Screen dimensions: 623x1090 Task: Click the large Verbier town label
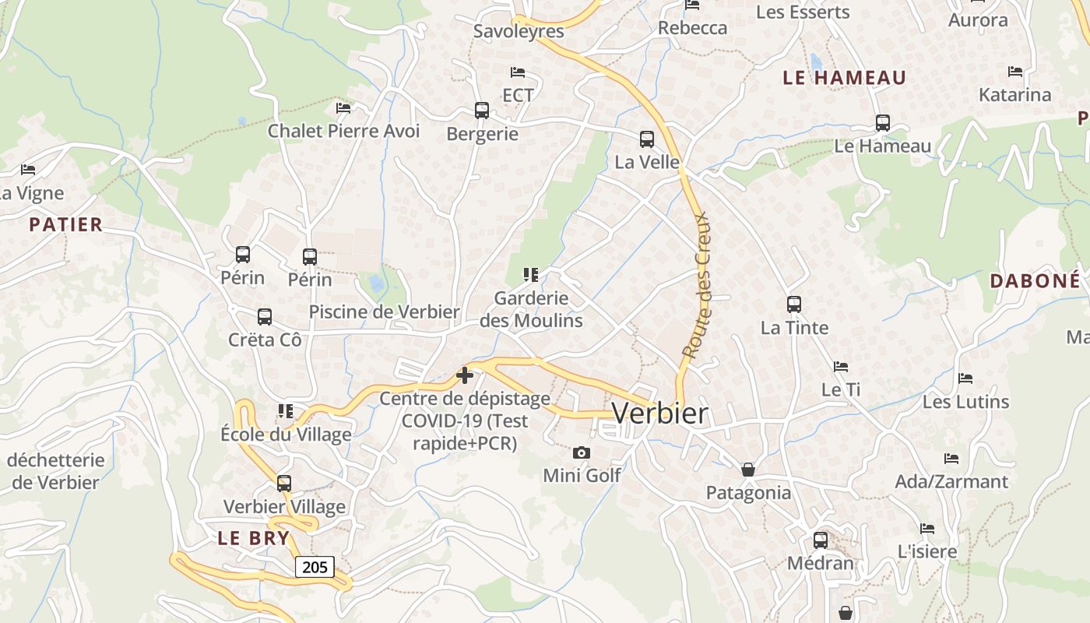pyautogui.click(x=660, y=414)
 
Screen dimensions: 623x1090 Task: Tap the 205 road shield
pyautogui.click(x=315, y=567)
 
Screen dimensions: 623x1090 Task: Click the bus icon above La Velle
pyautogui.click(x=647, y=139)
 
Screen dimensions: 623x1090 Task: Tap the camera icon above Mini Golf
pyautogui.click(x=581, y=452)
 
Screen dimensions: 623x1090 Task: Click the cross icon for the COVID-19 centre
pyautogui.click(x=465, y=375)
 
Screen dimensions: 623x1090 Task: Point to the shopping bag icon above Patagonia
pyautogui.click(x=748, y=470)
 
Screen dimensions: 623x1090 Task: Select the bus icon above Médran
pyautogui.click(x=821, y=540)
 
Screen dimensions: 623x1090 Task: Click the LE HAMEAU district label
pyautogui.click(x=844, y=78)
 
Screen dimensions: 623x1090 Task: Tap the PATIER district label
pyautogui.click(x=66, y=225)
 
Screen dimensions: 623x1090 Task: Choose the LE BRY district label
pyautogui.click(x=253, y=538)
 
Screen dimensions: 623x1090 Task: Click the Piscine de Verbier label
pyautogui.click(x=384, y=311)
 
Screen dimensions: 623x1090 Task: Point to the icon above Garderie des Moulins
pyautogui.click(x=531, y=274)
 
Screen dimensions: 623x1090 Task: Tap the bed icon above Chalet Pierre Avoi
pyautogui.click(x=343, y=107)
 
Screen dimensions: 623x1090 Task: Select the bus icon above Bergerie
pyautogui.click(x=482, y=111)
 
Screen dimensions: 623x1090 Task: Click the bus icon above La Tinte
pyautogui.click(x=794, y=304)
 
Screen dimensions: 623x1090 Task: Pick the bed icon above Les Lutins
pyautogui.click(x=965, y=378)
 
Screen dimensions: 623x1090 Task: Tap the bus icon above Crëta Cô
pyautogui.click(x=265, y=317)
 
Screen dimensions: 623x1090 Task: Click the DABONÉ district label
pyautogui.click(x=1035, y=281)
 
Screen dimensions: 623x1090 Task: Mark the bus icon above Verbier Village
pyautogui.click(x=284, y=484)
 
